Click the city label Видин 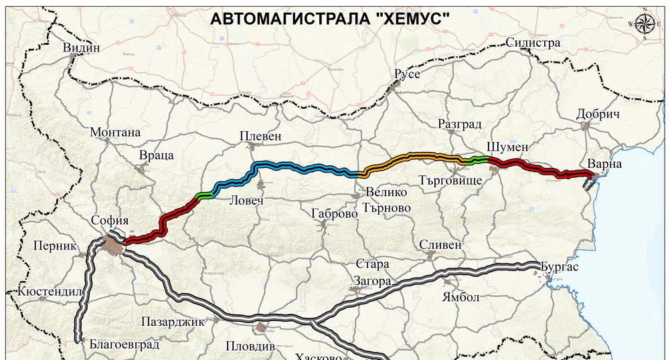82,48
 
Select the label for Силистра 533,43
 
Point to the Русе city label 407,74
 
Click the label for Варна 604,164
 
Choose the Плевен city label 261,137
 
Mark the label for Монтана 115,132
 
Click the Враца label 157,155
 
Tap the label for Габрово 335,214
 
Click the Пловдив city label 250,347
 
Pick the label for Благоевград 124,345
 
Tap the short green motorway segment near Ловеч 205,195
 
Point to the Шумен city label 509,147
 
